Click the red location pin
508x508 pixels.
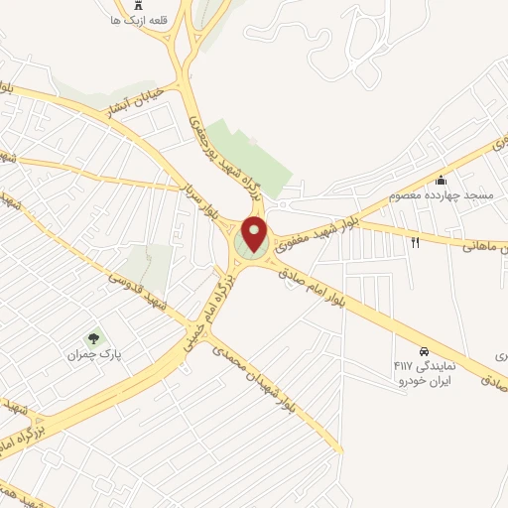(x=255, y=234)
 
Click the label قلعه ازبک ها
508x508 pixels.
(x=138, y=20)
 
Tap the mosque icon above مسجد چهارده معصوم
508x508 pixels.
(x=443, y=181)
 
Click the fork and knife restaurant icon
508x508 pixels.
(x=416, y=241)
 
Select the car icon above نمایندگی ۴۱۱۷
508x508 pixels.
(x=424, y=351)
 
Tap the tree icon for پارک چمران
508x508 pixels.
(x=94, y=338)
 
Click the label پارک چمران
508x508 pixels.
(x=93, y=354)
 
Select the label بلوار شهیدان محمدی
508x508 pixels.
(x=253, y=376)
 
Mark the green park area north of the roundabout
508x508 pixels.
(x=247, y=159)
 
